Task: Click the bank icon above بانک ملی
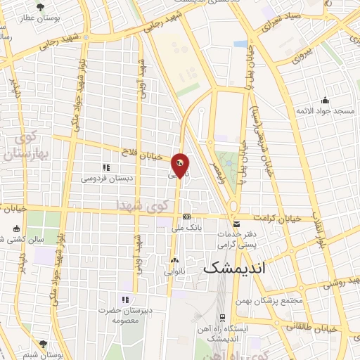point(186,218)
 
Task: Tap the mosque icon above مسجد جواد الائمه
point(324,99)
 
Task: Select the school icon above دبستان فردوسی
point(106,168)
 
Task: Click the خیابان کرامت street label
point(279,218)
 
